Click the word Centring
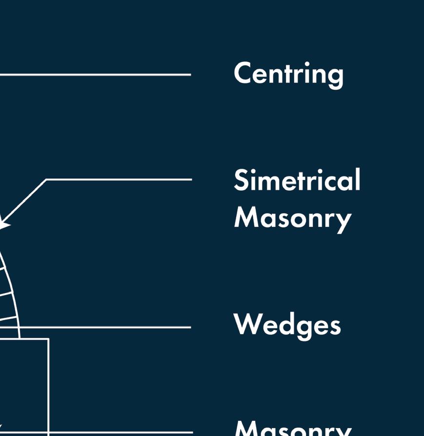288,74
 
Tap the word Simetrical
297,180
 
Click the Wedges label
287,325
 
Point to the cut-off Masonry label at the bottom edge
293,429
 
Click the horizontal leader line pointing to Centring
98,75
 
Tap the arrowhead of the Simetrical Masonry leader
4,224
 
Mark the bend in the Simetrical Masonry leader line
46,180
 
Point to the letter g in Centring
335,77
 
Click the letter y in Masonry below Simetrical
344,220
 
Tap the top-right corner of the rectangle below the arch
48,339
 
